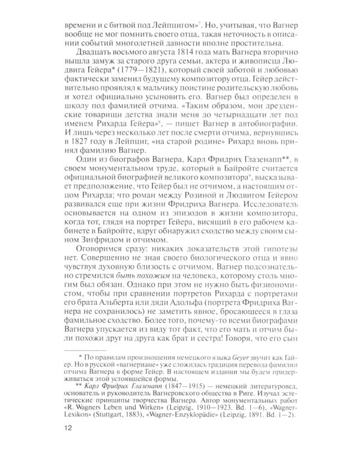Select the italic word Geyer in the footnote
click(x=234, y=364)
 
